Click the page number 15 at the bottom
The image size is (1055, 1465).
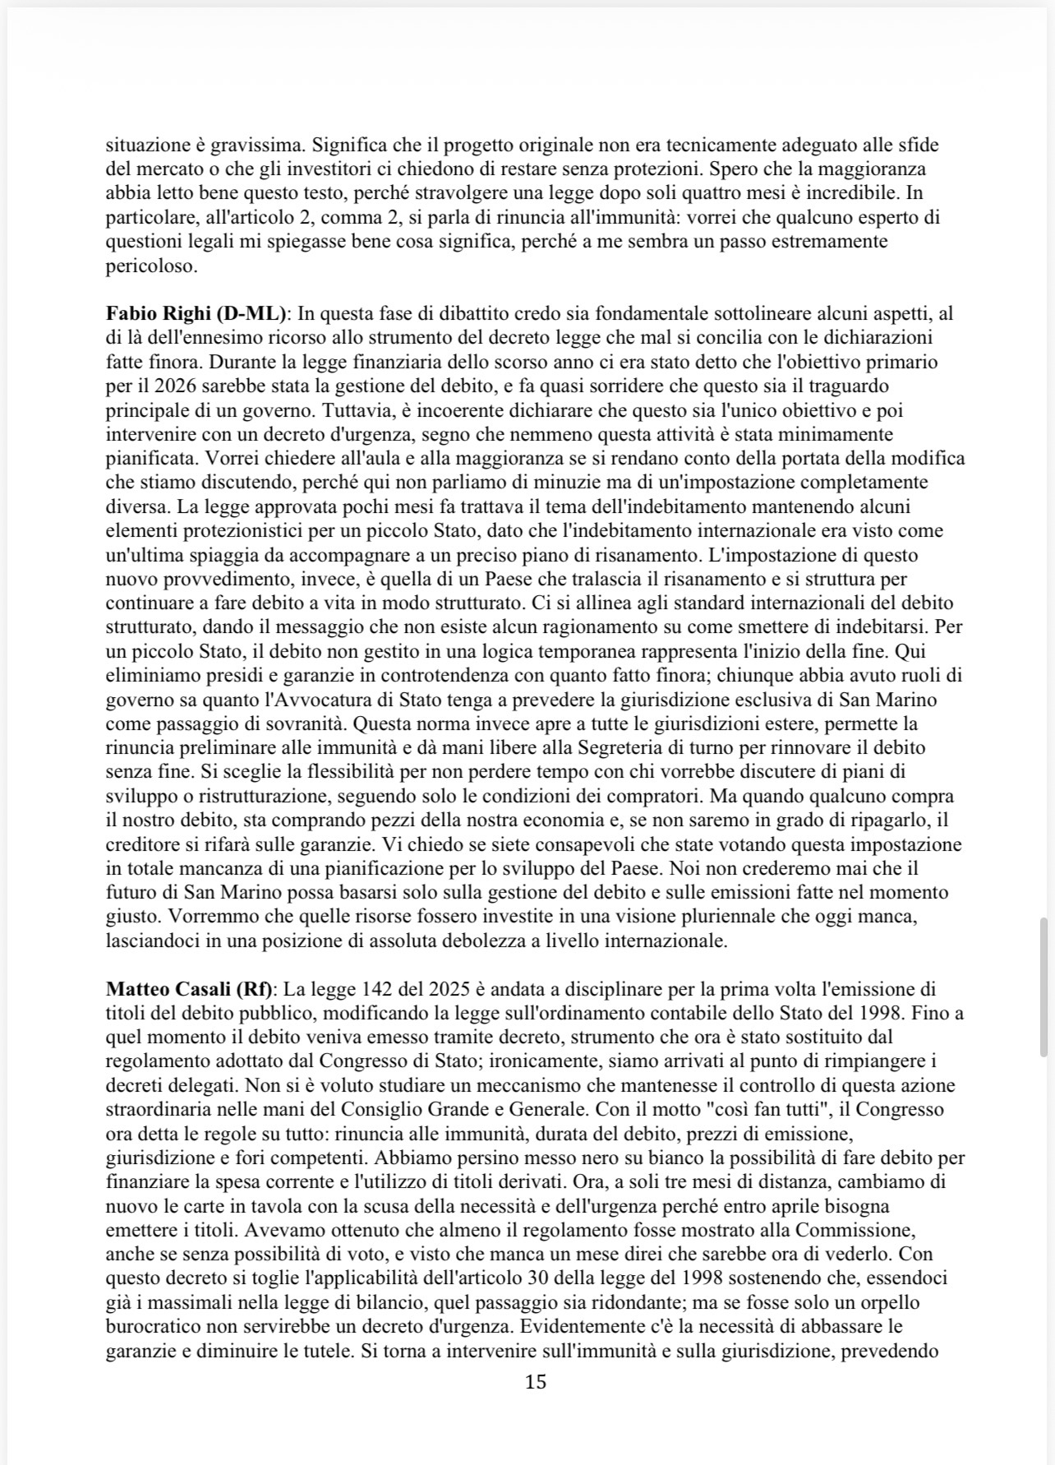pos(535,1382)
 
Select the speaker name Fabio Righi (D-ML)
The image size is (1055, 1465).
pos(196,313)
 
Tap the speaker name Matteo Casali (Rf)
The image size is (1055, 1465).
pos(191,989)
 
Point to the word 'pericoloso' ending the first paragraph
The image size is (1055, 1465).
pos(140,266)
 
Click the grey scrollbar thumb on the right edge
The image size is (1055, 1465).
pos(1043,987)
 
